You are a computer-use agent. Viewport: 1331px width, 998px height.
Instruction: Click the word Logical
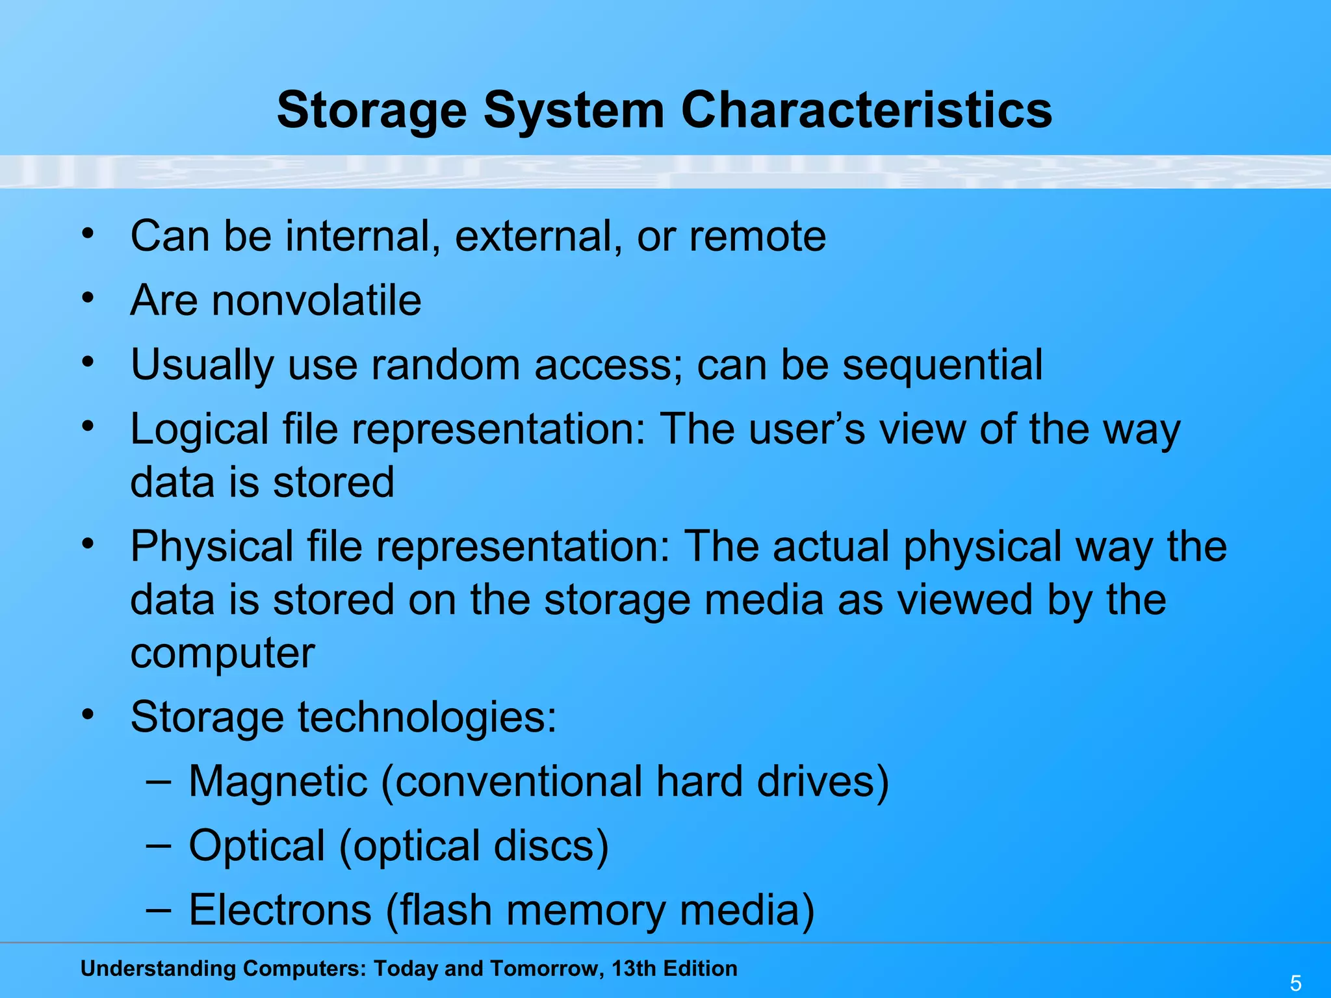[200, 430]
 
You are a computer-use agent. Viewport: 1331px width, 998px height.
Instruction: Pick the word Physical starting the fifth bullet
[212, 546]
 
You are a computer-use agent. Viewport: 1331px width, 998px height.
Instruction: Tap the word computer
[222, 653]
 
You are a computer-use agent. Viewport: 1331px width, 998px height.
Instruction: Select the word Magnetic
[278, 781]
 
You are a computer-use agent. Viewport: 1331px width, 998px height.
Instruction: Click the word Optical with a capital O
[257, 845]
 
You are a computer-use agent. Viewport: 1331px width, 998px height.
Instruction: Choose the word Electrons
[280, 910]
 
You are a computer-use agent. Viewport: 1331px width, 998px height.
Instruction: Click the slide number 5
[1295, 983]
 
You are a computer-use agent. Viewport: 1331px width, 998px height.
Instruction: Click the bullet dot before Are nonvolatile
[88, 298]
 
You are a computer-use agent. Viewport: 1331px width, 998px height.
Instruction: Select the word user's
[807, 429]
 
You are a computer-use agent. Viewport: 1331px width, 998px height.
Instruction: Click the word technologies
[427, 717]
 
